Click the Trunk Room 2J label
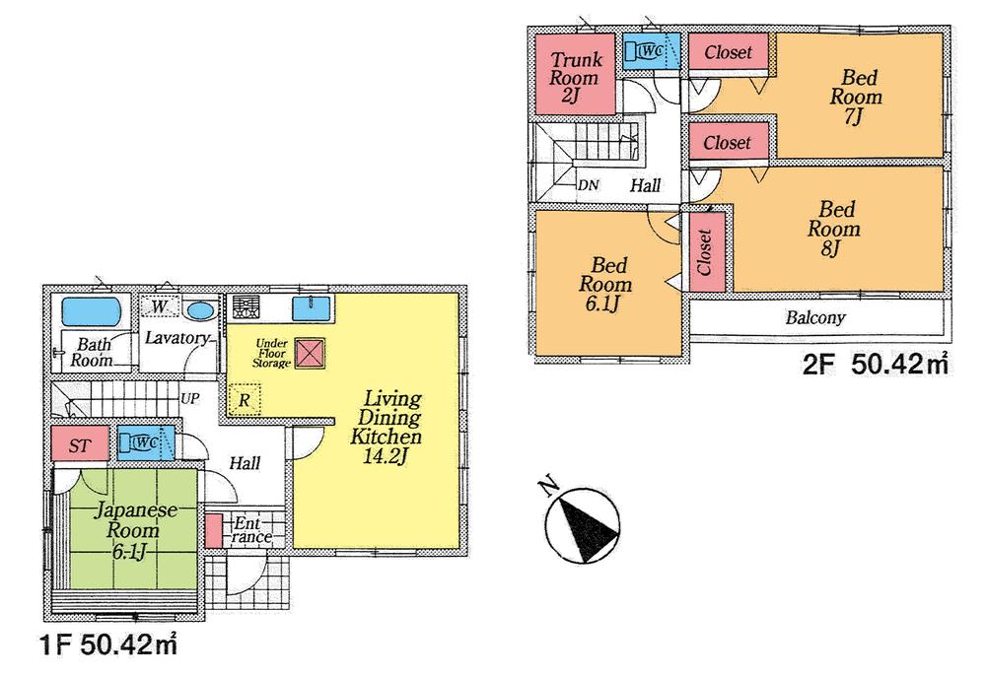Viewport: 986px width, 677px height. coord(576,77)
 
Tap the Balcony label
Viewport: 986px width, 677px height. coord(815,318)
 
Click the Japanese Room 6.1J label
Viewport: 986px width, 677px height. coord(134,530)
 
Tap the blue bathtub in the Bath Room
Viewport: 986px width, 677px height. coord(91,312)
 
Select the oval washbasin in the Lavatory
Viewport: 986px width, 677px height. coord(200,310)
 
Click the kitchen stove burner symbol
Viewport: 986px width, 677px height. coord(246,307)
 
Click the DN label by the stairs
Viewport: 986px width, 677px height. coord(589,185)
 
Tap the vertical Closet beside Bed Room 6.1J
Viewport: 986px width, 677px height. coord(705,252)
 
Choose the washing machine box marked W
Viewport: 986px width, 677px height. coord(159,308)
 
